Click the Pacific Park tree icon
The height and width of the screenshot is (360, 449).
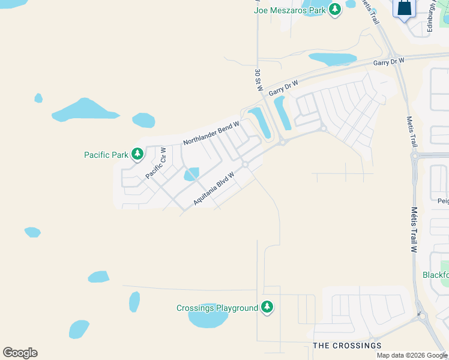137,154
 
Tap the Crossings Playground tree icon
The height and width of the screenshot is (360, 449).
267,308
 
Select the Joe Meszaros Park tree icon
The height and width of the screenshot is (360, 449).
334,9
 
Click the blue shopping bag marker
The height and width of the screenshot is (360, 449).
404,9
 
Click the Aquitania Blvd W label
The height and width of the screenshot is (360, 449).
213,187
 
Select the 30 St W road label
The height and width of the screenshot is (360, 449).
258,80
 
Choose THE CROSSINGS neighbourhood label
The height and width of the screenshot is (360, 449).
347,346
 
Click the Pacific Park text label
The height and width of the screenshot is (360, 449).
106,155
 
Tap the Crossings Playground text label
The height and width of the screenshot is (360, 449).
217,308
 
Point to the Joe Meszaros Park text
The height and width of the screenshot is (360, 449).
290,10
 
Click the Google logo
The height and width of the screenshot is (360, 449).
20,353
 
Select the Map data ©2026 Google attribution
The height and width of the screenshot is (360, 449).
412,355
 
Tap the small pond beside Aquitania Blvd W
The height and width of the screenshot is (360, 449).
191,174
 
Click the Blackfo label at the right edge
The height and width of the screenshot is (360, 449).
435,275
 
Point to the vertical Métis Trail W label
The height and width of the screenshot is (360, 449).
413,230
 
